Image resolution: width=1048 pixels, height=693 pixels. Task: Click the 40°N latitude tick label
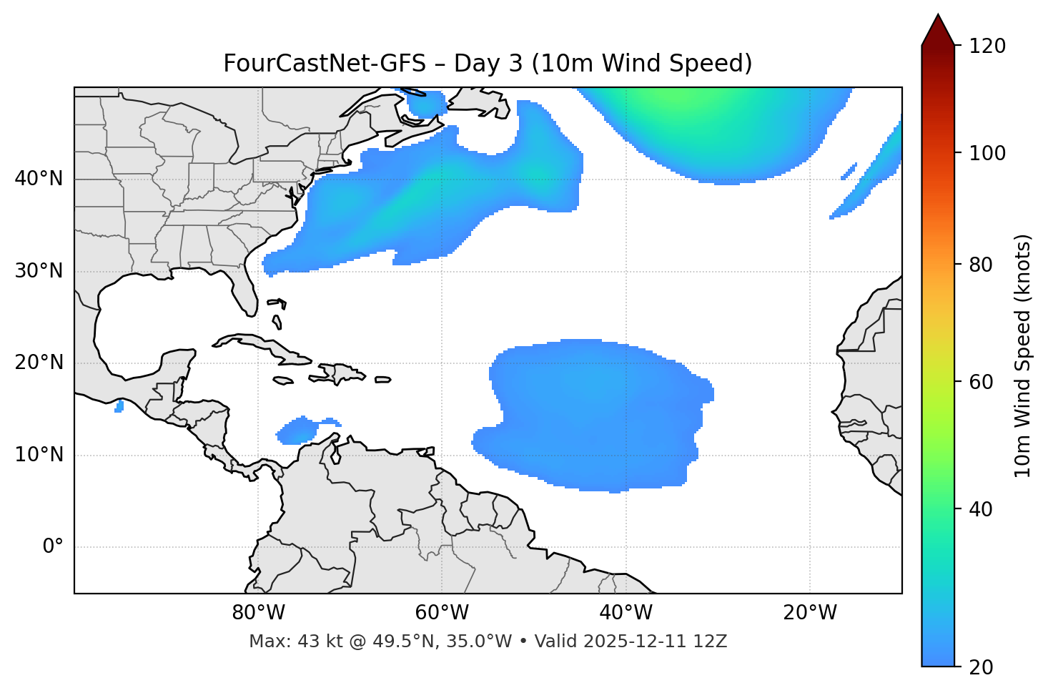click(39, 179)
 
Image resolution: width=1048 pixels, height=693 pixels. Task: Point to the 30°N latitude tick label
click(39, 271)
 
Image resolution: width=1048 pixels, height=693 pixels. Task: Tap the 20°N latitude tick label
click(39, 363)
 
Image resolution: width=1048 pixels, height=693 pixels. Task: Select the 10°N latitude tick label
click(39, 455)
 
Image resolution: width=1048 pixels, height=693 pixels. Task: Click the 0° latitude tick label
click(53, 547)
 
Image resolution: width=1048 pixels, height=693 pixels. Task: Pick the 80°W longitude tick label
click(258, 613)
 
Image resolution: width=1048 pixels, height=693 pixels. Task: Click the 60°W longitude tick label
click(442, 613)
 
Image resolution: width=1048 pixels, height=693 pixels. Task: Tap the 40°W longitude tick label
click(626, 613)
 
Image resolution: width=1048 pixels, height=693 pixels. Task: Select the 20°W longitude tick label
click(810, 613)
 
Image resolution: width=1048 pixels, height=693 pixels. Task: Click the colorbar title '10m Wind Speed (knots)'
click(1023, 355)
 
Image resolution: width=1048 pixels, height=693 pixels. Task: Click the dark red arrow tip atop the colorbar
click(938, 29)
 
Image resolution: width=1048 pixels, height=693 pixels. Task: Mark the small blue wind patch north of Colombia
click(299, 431)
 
